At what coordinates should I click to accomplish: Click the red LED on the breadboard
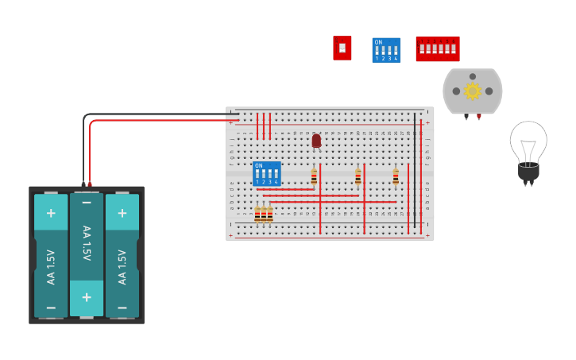(x=316, y=141)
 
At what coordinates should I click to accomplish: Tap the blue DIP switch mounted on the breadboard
(x=266, y=173)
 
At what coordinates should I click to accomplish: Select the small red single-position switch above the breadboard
(x=342, y=48)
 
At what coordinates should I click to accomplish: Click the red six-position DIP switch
(x=438, y=48)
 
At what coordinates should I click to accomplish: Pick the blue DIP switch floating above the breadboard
(x=386, y=50)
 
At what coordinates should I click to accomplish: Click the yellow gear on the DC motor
(x=473, y=91)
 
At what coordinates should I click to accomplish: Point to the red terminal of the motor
(x=479, y=117)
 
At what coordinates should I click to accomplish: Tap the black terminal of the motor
(x=466, y=117)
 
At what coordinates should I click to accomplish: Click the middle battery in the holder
(x=87, y=254)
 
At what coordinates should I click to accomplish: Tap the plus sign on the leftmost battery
(x=51, y=213)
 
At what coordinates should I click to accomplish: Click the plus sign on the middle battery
(x=87, y=298)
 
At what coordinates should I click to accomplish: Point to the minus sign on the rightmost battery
(x=122, y=307)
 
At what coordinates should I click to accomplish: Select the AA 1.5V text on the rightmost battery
(x=122, y=266)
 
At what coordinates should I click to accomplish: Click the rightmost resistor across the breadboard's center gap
(x=396, y=177)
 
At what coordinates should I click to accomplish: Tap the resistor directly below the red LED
(x=314, y=177)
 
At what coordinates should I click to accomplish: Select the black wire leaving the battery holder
(x=83, y=151)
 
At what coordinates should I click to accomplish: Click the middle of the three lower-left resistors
(x=264, y=215)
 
